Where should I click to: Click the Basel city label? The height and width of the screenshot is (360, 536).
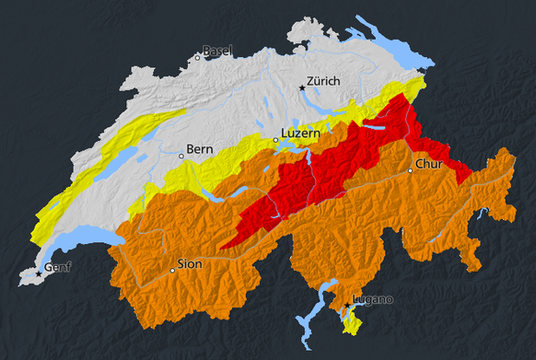click(x=217, y=51)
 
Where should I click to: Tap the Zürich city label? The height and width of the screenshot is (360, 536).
click(x=323, y=82)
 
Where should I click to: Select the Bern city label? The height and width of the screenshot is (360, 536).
click(x=200, y=148)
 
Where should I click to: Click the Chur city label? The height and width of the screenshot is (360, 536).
click(x=429, y=165)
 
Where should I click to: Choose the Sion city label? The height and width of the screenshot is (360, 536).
click(x=189, y=264)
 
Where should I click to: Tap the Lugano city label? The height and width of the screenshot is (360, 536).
click(x=373, y=299)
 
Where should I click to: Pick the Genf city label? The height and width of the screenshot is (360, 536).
click(x=58, y=268)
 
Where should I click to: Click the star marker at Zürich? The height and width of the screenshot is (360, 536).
click(x=301, y=87)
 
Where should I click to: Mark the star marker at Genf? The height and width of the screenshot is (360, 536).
click(x=39, y=273)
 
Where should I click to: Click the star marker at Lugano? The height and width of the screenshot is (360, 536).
click(x=347, y=305)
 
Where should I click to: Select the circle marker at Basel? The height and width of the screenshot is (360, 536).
click(x=197, y=57)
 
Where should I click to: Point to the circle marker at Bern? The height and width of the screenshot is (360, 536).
click(x=181, y=156)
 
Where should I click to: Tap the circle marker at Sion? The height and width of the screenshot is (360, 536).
click(x=172, y=271)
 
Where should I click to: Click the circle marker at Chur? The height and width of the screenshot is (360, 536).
click(x=410, y=170)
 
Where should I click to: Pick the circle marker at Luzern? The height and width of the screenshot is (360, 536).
click(x=275, y=140)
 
